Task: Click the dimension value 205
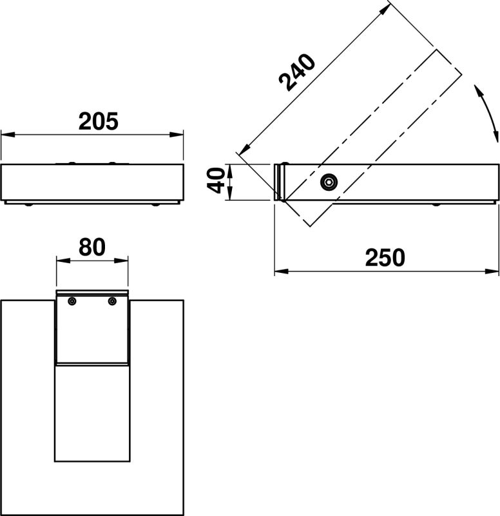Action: coord(99,121)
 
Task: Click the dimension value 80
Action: coord(92,246)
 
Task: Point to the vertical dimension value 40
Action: coord(218,180)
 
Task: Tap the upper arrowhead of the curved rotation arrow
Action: coord(478,89)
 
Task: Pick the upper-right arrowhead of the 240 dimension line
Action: coord(387,8)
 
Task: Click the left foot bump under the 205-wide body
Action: coord(28,205)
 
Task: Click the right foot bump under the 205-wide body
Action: coord(157,205)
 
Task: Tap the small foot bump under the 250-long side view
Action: coord(436,204)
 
